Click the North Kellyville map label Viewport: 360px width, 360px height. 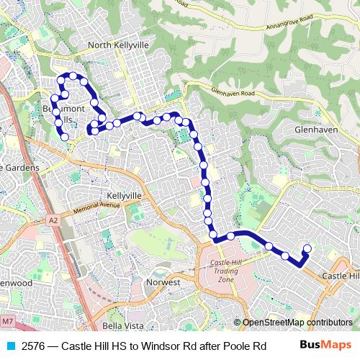[x=118, y=45]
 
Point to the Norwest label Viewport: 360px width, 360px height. [x=163, y=282]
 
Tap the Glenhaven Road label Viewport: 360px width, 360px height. [x=233, y=93]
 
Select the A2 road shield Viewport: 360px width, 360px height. [x=53, y=220]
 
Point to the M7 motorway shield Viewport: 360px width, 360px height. [x=7, y=320]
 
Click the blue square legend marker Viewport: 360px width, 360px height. [x=9, y=346]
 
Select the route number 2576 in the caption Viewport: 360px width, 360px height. [x=34, y=346]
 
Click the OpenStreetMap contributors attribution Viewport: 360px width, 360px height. [x=297, y=323]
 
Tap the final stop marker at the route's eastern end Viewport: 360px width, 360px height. [x=307, y=249]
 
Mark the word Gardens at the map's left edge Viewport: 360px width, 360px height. [x=20, y=167]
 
